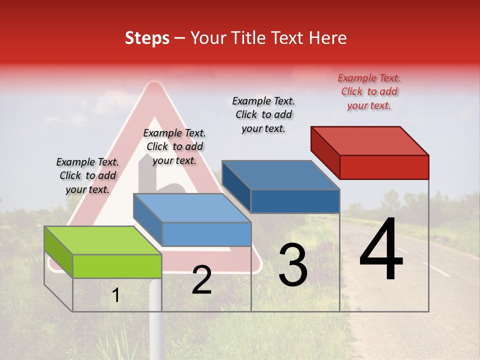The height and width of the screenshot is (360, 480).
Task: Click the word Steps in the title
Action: click(147, 38)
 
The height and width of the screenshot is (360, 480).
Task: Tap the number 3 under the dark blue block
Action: click(293, 265)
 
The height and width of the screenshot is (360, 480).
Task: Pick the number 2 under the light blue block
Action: click(201, 280)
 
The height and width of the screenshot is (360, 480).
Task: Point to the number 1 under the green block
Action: click(116, 295)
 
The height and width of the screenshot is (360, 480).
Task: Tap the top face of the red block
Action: click(370, 140)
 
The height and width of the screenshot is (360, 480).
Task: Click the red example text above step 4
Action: click(369, 91)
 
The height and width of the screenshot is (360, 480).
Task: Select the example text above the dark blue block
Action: click(263, 114)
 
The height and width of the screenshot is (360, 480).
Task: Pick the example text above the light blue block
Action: click(174, 146)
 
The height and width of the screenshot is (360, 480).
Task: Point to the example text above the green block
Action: click(87, 175)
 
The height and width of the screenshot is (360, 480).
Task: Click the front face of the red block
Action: click(384, 167)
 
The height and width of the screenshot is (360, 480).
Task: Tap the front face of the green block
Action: click(117, 266)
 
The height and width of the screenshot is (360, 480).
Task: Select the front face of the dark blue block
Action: click(295, 201)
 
